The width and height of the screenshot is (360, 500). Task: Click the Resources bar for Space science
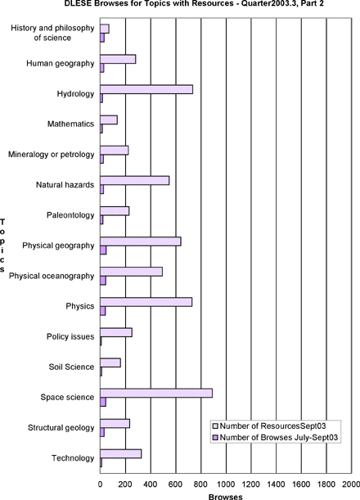(156, 393)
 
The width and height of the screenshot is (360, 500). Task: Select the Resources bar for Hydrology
(146, 89)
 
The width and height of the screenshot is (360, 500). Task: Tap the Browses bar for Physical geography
(103, 250)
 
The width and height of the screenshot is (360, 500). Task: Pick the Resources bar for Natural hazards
(135, 181)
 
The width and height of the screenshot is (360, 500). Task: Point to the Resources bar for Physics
(146, 302)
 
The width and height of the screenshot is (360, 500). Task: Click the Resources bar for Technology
(121, 453)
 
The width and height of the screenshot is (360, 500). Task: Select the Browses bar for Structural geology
(102, 432)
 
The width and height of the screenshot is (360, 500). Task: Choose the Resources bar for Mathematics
(109, 120)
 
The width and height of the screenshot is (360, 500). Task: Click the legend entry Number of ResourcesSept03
(269, 426)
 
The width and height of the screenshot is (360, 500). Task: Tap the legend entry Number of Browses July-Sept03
(275, 438)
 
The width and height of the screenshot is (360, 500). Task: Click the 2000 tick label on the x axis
(351, 484)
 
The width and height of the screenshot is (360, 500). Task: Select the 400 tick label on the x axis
(151, 484)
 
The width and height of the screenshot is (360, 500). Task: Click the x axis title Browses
(226, 497)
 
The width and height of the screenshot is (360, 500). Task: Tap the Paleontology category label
(70, 215)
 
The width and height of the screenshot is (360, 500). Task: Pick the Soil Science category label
(71, 367)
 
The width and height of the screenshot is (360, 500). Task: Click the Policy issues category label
(70, 336)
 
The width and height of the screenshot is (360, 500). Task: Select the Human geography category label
(61, 64)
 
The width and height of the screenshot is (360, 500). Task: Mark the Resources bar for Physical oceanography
(132, 272)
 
